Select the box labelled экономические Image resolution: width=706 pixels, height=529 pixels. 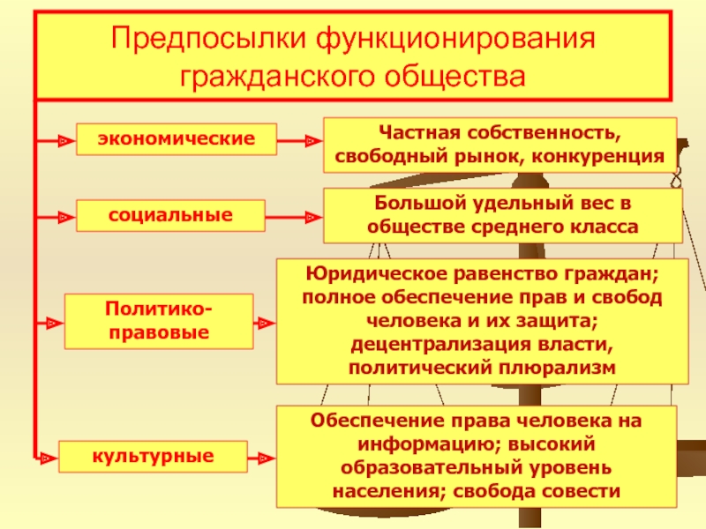point(176,138)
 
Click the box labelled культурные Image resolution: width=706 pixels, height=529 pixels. point(153,457)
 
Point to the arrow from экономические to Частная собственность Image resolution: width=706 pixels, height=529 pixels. point(299,139)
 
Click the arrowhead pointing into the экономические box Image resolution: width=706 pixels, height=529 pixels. point(63,139)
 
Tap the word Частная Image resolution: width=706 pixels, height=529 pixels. point(414,133)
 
